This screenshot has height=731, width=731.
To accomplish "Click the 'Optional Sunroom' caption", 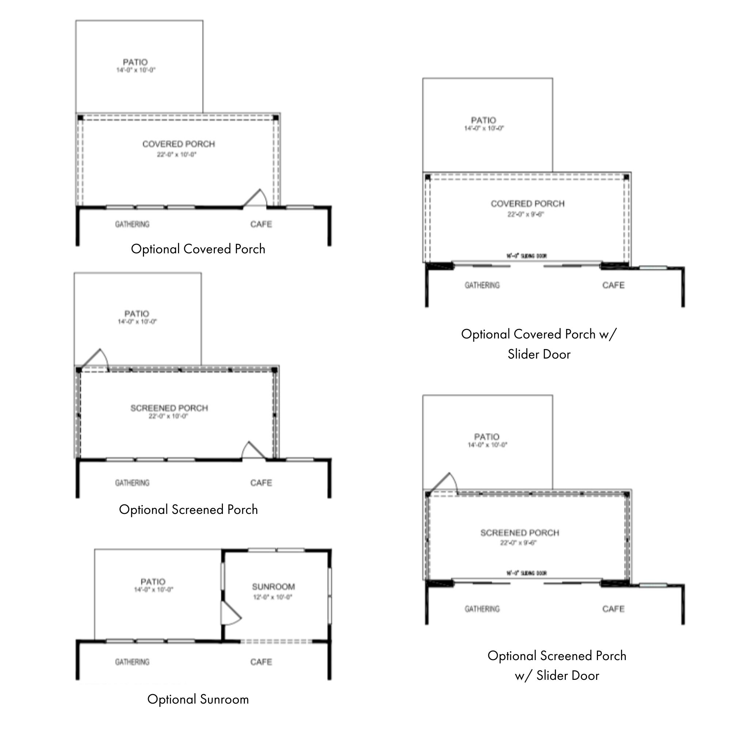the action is [198, 699].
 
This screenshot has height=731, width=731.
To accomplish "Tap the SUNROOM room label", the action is [273, 587].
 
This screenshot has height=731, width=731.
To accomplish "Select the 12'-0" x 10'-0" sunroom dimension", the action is [272, 598].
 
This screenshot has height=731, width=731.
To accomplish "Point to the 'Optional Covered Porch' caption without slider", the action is [198, 249].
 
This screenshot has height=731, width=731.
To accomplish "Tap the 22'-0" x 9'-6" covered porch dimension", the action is [526, 215].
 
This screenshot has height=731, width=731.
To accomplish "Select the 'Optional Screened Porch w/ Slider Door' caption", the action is [557, 666].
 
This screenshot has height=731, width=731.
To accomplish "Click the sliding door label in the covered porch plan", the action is [526, 256].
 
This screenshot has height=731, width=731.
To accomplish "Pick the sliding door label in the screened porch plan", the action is [526, 573].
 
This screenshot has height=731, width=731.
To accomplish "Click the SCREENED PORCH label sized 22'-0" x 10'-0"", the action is [169, 408].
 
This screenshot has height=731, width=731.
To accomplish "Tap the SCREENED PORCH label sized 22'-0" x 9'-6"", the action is [519, 533].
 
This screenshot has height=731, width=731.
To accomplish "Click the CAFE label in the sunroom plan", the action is [261, 662].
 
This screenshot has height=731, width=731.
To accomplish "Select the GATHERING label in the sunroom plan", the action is [132, 662].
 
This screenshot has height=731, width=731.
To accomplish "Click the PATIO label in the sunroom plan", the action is [153, 582].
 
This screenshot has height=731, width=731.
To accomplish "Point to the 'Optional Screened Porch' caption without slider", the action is [189, 510].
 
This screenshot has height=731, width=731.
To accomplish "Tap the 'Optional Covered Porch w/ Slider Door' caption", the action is [539, 344].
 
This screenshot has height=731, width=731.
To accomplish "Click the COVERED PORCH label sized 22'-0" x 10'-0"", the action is [179, 144].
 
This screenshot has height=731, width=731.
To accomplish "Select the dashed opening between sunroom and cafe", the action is [276, 642].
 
